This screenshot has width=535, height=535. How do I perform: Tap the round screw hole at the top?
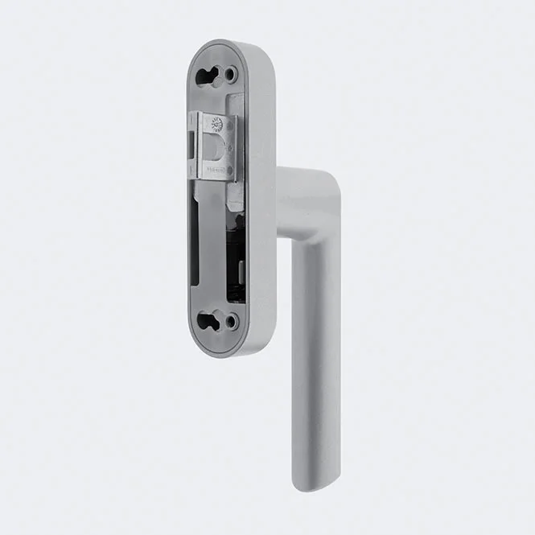[x=231, y=75]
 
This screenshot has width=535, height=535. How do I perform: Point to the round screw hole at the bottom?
[x=231, y=321]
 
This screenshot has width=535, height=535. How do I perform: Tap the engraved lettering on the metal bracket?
[x=216, y=171]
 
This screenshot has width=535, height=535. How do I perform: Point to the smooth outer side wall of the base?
[x=261, y=201]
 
